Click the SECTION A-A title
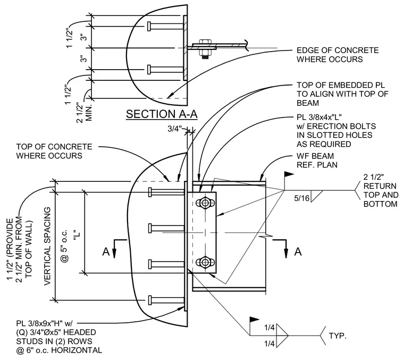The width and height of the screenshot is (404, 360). point(162,114)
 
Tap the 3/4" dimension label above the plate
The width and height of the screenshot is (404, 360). point(175,129)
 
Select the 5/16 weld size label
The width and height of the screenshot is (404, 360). point(302,198)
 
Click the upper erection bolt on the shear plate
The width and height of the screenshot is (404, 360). point(205,203)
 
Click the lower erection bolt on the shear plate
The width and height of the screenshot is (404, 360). point(205,263)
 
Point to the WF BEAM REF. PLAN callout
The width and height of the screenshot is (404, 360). point(317,160)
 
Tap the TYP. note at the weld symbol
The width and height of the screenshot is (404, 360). point(338,336)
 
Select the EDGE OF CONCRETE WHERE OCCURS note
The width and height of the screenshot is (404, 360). point(338,55)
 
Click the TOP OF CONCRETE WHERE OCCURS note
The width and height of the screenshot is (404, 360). point(54,151)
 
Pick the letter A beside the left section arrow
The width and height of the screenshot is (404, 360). point(106,252)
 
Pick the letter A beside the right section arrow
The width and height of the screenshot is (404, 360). point(298,252)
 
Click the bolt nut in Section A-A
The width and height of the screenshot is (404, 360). point(205,49)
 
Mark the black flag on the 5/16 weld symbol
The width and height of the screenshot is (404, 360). point(289,175)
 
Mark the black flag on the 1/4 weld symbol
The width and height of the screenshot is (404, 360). point(254,320)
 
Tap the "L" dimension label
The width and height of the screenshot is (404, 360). point(77,235)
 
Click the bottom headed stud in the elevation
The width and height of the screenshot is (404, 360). point(167,300)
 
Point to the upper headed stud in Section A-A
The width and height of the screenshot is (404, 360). point(165,26)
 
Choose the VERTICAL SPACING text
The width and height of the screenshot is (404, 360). point(48,246)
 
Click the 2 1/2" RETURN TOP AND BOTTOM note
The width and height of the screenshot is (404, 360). point(381,191)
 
